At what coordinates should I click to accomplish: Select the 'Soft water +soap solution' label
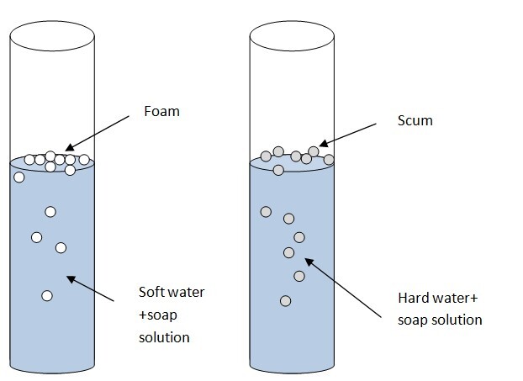[x=170, y=315]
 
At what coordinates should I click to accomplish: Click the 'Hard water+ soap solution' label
[x=438, y=309]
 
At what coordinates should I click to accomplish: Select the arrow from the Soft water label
[x=92, y=288]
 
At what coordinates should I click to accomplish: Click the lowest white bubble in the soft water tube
[x=47, y=295]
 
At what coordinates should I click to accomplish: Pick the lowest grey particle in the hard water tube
[x=286, y=300]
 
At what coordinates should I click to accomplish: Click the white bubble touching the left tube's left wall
[x=19, y=177]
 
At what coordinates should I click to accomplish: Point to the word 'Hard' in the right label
[x=412, y=298]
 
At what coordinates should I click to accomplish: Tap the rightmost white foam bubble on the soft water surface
[x=84, y=160]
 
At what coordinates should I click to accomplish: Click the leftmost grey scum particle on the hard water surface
[x=266, y=156]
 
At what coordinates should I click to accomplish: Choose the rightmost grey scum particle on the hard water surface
[x=329, y=159]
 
